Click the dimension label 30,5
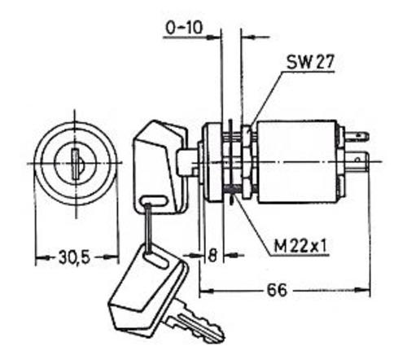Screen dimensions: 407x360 pos(74,257)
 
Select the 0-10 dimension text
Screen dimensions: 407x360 pos(185,28)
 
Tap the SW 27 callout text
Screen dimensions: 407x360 pos(310,62)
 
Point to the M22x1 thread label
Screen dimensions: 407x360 pos(300,247)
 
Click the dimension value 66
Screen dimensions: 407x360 pos(277,290)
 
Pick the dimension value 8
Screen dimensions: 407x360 pos(212,255)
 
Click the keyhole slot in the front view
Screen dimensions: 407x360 pos(75,165)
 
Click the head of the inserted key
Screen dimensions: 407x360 pos(160,166)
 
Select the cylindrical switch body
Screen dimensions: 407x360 pos(297,162)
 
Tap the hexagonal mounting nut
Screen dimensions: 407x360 pos(247,161)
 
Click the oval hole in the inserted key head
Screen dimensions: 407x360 pos(154,201)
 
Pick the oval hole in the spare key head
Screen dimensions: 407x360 pos(155,261)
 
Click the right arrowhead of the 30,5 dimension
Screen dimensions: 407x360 pos(112,257)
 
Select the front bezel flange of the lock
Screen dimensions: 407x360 pos(213,162)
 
